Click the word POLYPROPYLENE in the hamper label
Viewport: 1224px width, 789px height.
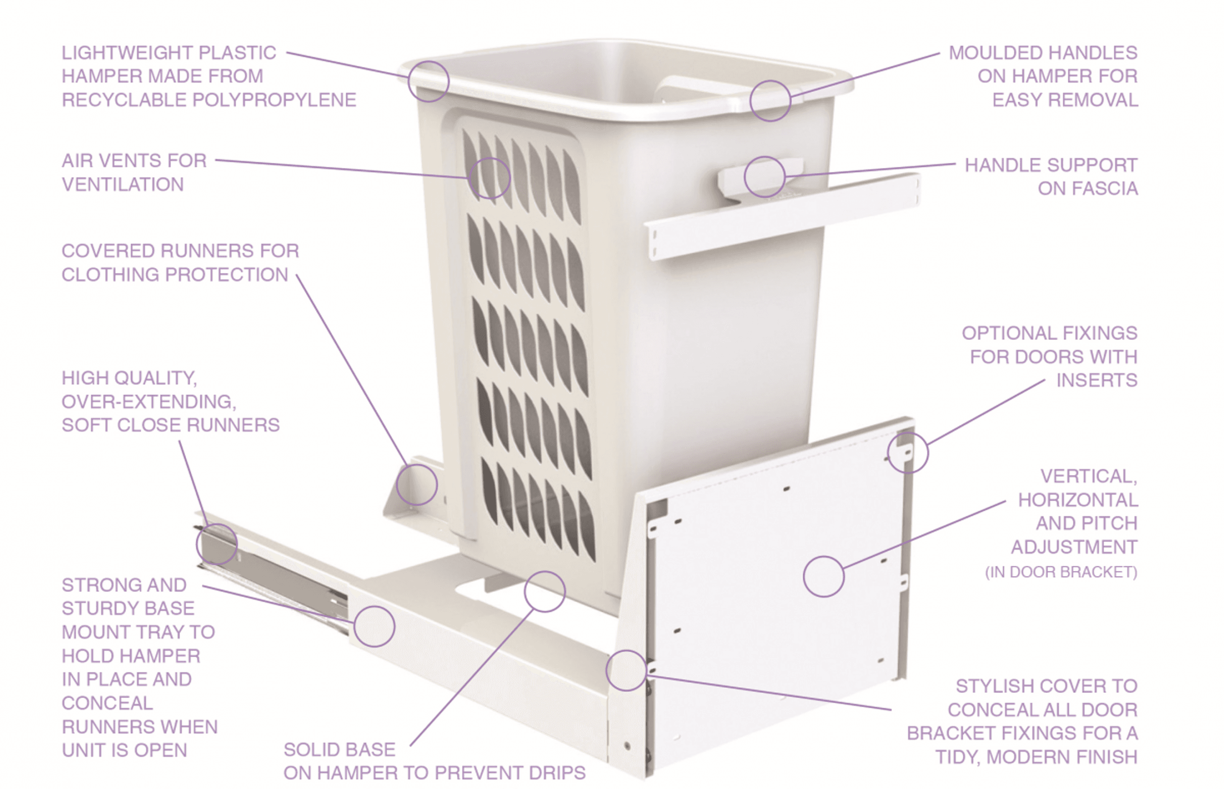274,100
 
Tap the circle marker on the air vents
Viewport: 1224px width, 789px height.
490,178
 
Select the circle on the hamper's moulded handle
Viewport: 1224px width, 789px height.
770,101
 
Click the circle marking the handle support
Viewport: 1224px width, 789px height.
764,177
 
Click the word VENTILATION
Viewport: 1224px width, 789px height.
123,184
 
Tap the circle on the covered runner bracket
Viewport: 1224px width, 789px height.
417,485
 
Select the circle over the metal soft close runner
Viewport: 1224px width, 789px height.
217,544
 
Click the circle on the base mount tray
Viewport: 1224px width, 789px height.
374,626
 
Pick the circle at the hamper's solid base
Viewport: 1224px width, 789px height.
544,591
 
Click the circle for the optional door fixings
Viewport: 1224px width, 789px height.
907,452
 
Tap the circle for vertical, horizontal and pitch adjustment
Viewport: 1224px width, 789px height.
824,576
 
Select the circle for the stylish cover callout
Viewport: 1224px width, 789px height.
626,670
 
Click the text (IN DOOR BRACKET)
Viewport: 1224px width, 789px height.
1061,572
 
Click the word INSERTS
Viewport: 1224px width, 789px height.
1096,380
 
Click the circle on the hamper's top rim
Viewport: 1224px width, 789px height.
429,81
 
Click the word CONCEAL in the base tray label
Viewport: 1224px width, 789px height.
107,703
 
